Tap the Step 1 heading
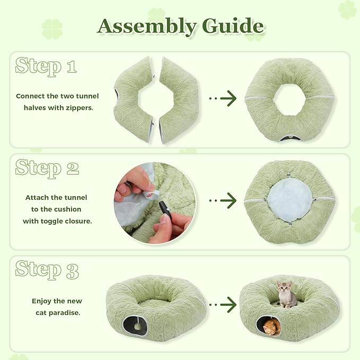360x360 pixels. point(46,67)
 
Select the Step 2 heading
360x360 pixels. point(47,168)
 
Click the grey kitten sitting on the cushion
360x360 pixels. point(286,295)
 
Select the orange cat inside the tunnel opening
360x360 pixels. point(271,326)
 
